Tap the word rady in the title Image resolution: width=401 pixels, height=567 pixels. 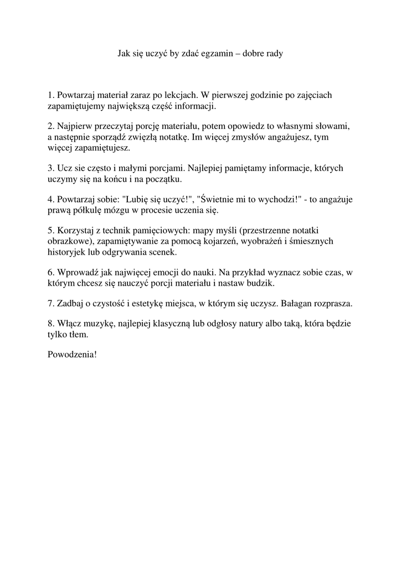[x=273, y=54]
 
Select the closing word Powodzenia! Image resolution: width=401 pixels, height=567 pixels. [x=73, y=353]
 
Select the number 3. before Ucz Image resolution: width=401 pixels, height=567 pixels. [x=51, y=167]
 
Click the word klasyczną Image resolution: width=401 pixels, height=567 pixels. [x=189, y=323]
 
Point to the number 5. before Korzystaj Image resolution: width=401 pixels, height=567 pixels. [x=51, y=230]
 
